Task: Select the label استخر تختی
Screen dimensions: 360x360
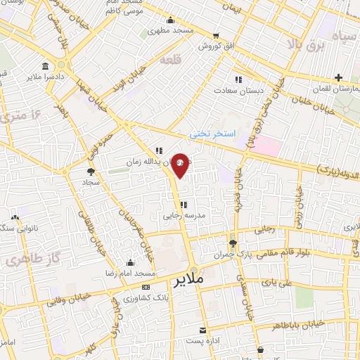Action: coord(215,133)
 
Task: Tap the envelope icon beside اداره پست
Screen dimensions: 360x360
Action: coord(203,330)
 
